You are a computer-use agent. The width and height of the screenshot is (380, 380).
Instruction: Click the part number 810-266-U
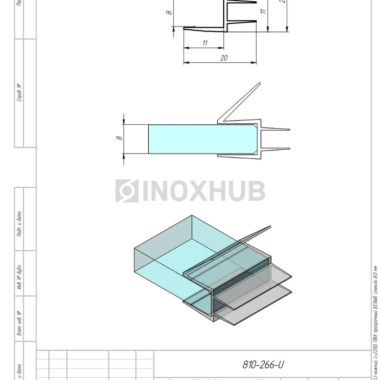(263, 364)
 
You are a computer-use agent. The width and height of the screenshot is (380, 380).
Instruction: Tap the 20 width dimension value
(224, 58)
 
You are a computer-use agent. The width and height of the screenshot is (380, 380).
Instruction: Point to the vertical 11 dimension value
(263, 10)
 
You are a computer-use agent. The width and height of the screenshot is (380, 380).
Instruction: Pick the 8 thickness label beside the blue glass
(119, 138)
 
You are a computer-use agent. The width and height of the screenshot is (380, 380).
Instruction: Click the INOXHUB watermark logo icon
(127, 191)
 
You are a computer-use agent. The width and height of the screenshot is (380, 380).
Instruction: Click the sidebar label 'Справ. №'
(20, 93)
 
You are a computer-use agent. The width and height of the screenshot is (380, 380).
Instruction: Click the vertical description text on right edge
(375, 320)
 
